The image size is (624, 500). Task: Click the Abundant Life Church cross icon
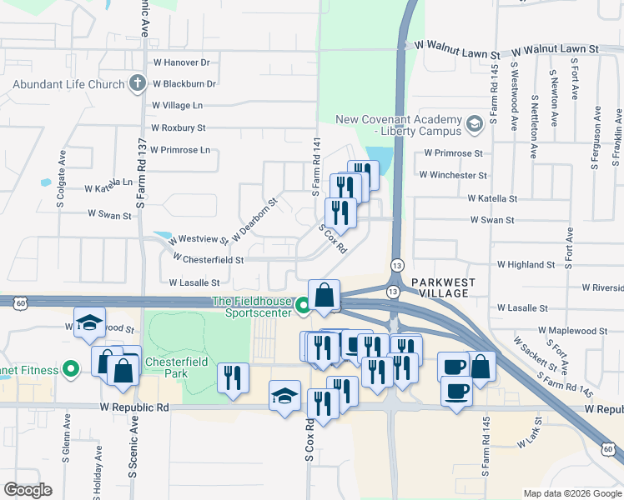pyautogui.click(x=138, y=83)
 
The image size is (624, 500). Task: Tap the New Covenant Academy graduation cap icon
pyautogui.click(x=475, y=125)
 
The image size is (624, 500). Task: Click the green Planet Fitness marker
pyautogui.click(x=73, y=368)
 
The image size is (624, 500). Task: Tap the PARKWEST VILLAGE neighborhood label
pyautogui.click(x=443, y=288)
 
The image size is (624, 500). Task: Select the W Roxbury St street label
pyautogui.click(x=178, y=128)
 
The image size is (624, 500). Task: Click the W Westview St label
pyautogui.click(x=191, y=237)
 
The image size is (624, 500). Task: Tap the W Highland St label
pyautogui.click(x=525, y=265)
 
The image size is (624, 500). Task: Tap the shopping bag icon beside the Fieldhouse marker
pyautogui.click(x=324, y=294)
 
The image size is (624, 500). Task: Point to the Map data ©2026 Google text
pyautogui.click(x=571, y=493)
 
